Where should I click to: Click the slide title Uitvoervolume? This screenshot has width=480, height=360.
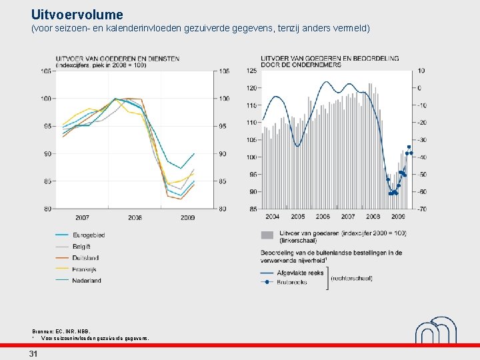point(77,14)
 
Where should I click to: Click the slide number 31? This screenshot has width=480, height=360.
point(33,354)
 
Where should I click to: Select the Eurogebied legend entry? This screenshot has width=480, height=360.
point(89,235)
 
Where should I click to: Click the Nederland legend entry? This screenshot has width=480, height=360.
point(87,280)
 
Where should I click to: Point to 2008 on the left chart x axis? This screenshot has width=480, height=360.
point(135,217)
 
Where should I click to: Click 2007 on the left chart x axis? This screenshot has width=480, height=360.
point(82,217)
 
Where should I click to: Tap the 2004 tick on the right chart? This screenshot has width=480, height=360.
point(272,217)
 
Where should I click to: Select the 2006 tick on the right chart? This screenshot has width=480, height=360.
point(323,217)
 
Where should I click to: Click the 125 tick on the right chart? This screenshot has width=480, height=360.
point(252,71)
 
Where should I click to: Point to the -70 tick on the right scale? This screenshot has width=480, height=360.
point(421,209)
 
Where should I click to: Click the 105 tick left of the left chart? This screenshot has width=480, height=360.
point(47,71)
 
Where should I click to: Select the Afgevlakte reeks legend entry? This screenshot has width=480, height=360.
point(301,273)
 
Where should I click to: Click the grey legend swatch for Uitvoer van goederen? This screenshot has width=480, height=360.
point(267,234)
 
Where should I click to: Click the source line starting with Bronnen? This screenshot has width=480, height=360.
point(61,331)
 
